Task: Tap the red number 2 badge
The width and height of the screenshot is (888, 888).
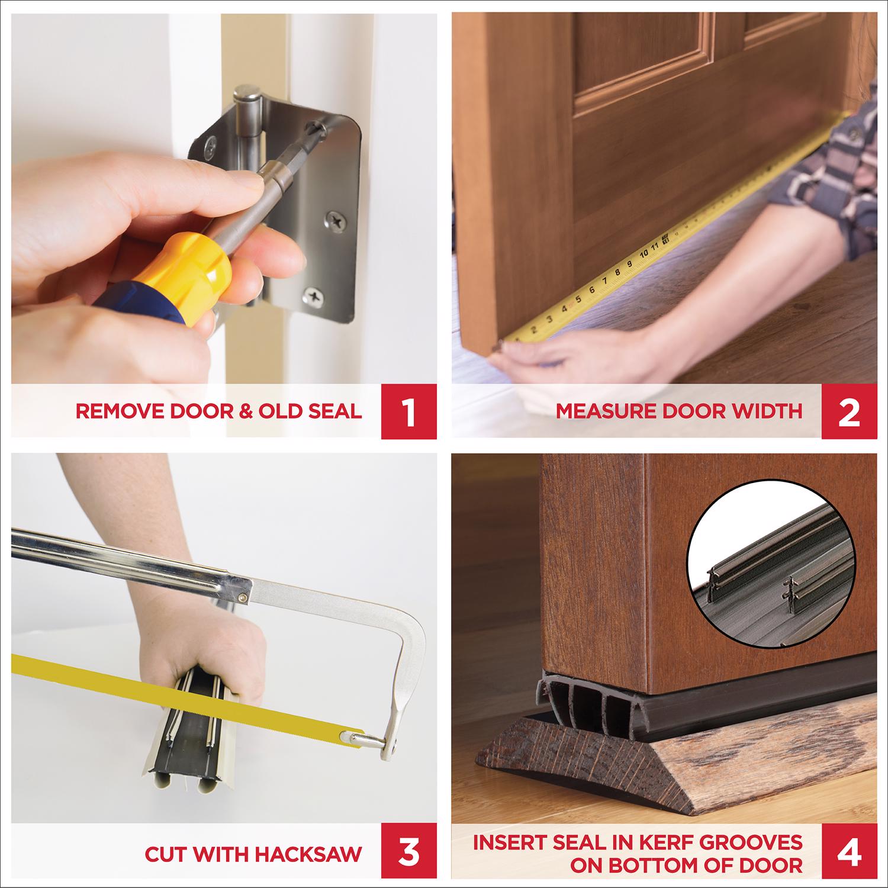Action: pos(849,411)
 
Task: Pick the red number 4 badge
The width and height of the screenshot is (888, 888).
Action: pos(849,854)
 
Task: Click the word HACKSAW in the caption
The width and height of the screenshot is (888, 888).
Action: pos(308,854)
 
